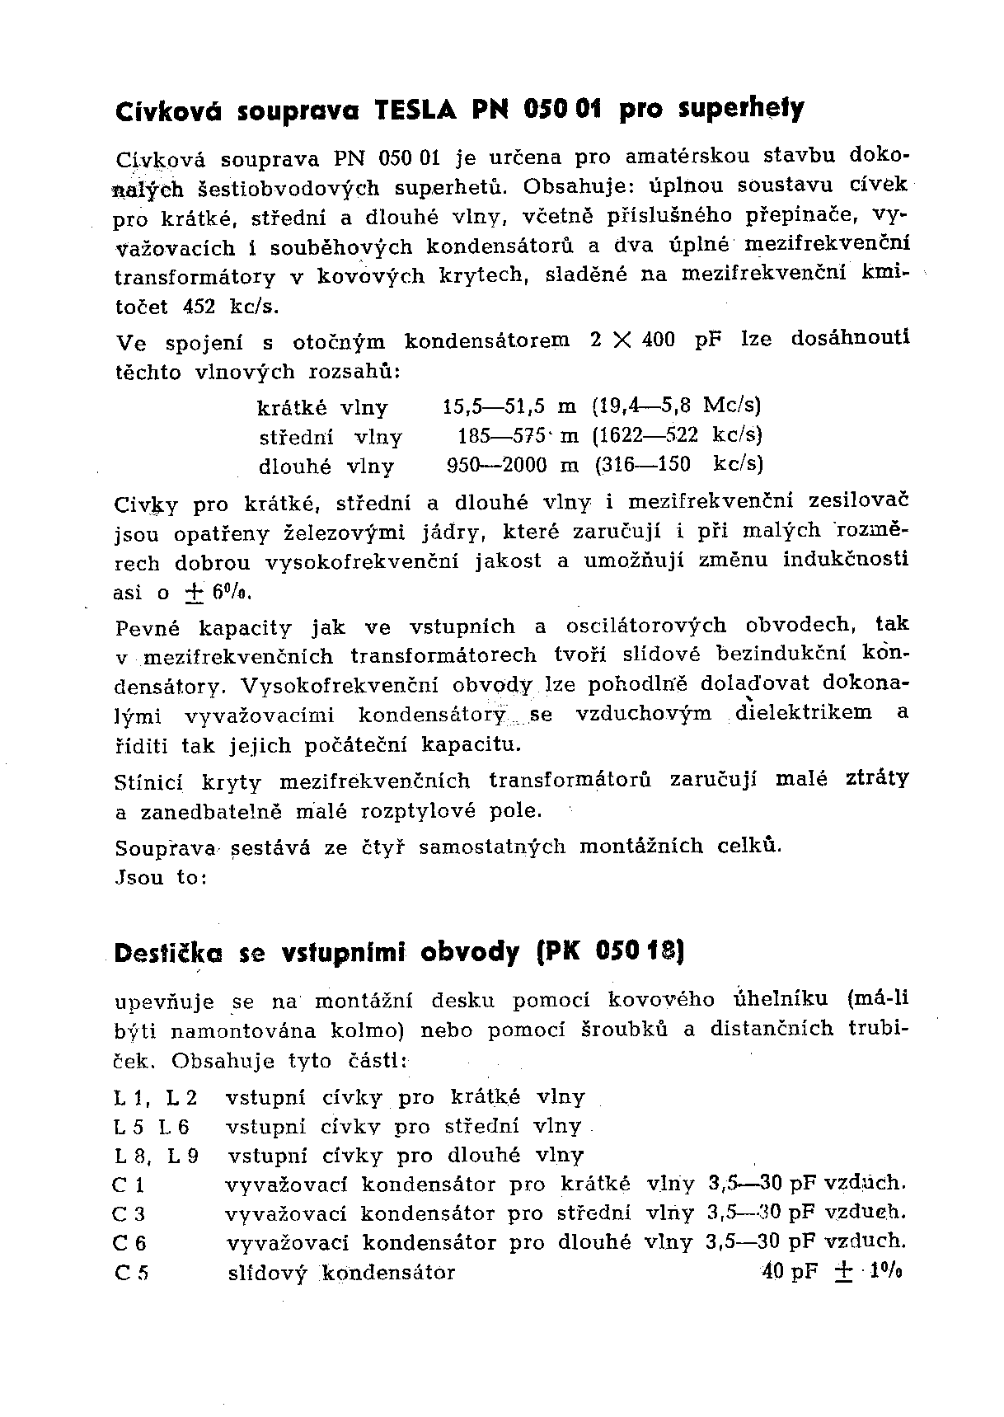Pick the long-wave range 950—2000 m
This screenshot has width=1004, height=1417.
[x=512, y=465]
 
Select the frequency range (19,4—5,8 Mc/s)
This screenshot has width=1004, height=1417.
[x=676, y=406]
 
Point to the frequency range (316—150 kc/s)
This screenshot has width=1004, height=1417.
[x=679, y=464]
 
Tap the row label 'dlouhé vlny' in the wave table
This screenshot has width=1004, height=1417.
[x=326, y=466]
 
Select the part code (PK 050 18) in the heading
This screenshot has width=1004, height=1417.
[x=611, y=952]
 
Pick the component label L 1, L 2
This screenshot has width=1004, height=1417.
[x=156, y=1098]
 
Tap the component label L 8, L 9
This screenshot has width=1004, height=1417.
[x=156, y=1156]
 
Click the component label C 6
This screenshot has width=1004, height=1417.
[x=130, y=1243]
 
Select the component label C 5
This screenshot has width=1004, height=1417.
[x=131, y=1273]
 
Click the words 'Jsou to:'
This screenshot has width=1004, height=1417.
[x=160, y=877]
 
